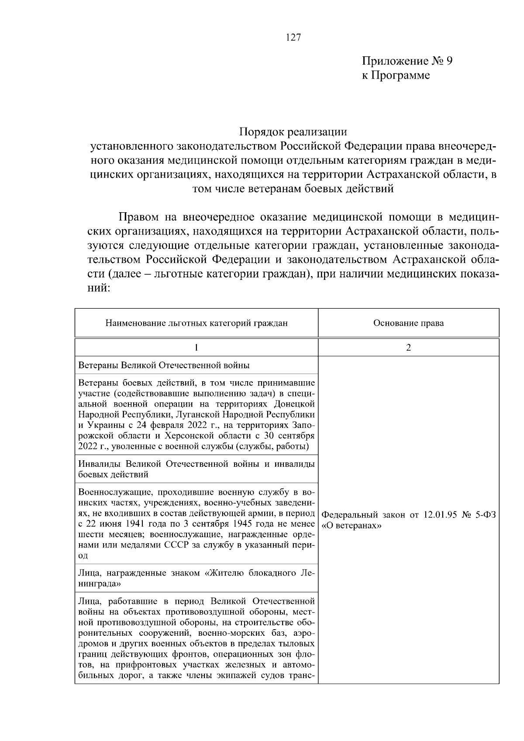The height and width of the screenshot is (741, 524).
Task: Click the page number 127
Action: (x=293, y=38)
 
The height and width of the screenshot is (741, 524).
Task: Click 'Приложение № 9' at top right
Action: (x=407, y=61)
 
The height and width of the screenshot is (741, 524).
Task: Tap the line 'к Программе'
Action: (x=396, y=76)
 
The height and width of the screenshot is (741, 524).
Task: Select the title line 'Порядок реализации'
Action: (x=293, y=131)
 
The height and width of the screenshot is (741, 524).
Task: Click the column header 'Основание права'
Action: (x=408, y=323)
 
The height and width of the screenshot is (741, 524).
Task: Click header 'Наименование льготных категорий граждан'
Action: (x=196, y=323)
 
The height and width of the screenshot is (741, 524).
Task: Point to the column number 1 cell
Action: (x=196, y=348)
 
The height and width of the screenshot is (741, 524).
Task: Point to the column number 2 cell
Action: (x=408, y=348)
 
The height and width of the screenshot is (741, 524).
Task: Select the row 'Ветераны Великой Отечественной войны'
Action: (x=164, y=365)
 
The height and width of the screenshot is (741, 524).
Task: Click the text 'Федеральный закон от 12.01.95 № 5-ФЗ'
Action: (x=408, y=515)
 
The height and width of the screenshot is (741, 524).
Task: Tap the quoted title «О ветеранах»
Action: (x=352, y=526)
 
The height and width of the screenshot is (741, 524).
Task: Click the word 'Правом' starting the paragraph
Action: (x=141, y=217)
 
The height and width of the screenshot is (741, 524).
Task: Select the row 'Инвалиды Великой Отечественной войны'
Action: (x=196, y=469)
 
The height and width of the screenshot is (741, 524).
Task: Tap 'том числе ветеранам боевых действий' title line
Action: (x=293, y=189)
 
